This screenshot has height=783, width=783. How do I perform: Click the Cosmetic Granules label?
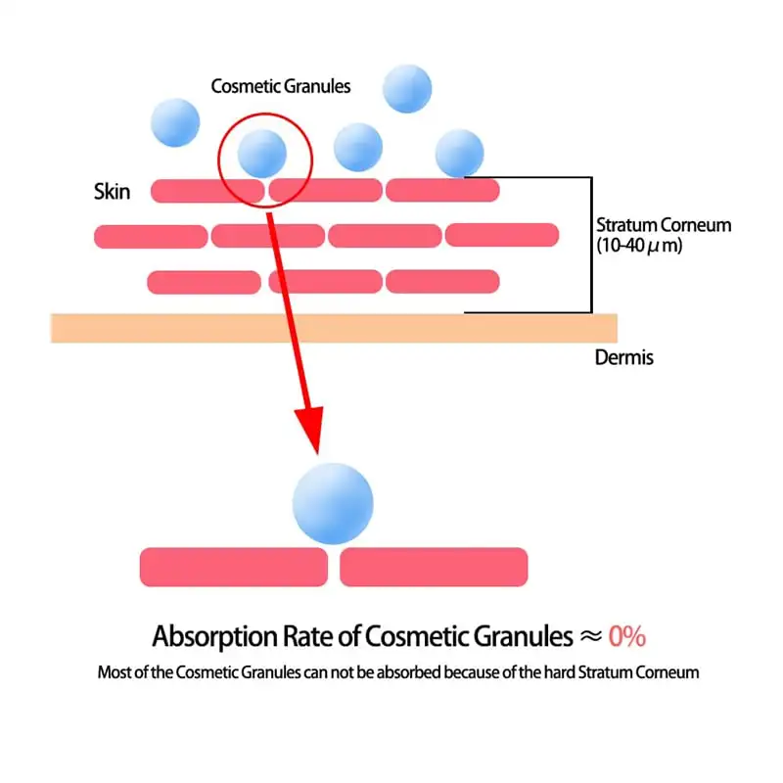pos(281,86)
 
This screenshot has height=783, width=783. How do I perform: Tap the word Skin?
pos(112,192)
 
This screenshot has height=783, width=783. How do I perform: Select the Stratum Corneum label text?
pos(664,225)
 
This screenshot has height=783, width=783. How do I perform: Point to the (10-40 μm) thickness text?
pos(639,246)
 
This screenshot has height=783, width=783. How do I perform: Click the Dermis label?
pos(624,357)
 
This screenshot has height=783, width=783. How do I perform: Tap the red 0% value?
pos(627,637)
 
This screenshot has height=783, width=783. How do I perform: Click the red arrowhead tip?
pos(317,454)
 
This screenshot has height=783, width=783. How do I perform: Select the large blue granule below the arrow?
pos(333,503)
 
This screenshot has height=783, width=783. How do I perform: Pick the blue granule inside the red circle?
pos(262,154)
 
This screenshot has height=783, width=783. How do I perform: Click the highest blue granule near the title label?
pos(407,88)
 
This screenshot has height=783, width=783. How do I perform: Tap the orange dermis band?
pos(334,328)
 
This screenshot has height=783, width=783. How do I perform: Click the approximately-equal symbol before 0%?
pos(591,636)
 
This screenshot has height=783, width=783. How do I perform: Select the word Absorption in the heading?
pos(215,637)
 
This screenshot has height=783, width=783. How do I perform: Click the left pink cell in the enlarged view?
pos(234,567)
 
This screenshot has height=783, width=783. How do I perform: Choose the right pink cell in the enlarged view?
pos(434,567)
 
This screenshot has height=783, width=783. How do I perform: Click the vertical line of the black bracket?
pos(592,245)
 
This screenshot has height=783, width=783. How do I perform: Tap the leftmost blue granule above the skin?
pos(175,123)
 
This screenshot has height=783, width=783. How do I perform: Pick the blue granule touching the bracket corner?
pos(459,154)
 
